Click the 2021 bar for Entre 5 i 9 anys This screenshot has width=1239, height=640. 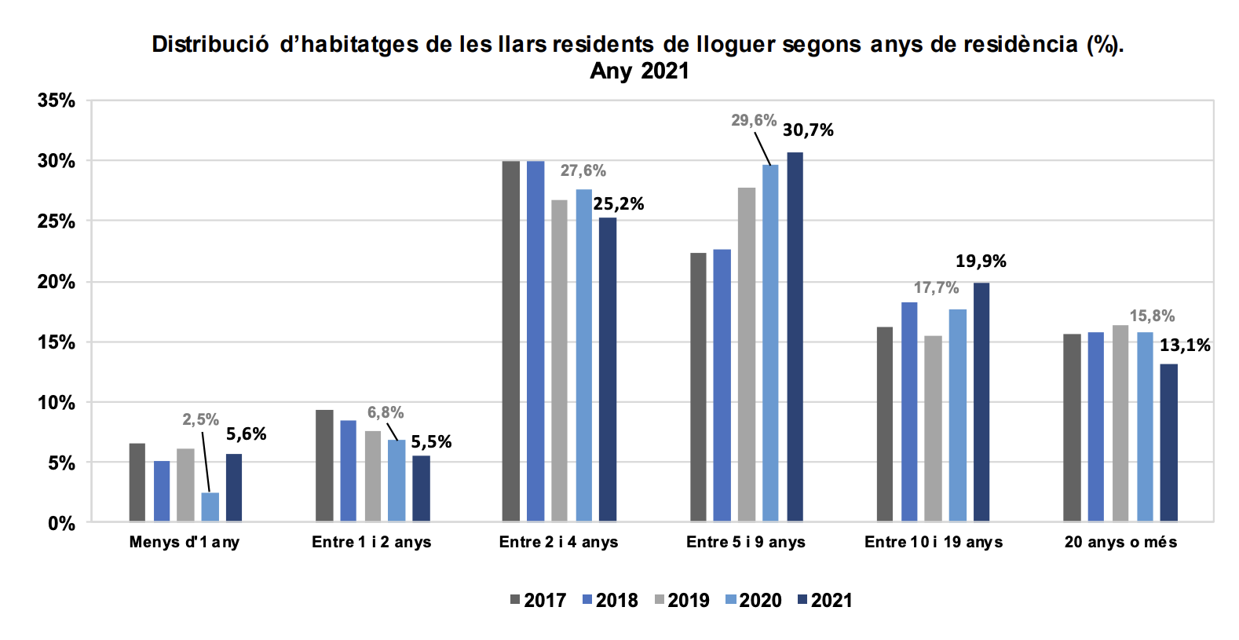795,337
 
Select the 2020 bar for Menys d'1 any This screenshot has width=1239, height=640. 210,507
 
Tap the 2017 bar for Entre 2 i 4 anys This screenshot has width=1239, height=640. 510,341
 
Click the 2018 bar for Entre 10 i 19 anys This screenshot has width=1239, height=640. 909,411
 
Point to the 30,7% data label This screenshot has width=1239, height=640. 808,130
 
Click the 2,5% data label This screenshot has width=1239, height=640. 200,419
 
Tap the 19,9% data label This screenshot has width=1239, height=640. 981,261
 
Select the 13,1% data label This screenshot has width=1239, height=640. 1185,346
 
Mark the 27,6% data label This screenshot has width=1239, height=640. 583,170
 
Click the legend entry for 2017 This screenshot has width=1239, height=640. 538,601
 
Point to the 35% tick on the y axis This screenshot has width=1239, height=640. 57,101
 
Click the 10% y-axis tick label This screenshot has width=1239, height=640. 57,403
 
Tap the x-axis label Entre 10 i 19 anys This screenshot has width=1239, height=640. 934,542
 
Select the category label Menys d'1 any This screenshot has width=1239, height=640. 185,542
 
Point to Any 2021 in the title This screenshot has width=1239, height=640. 639,71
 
